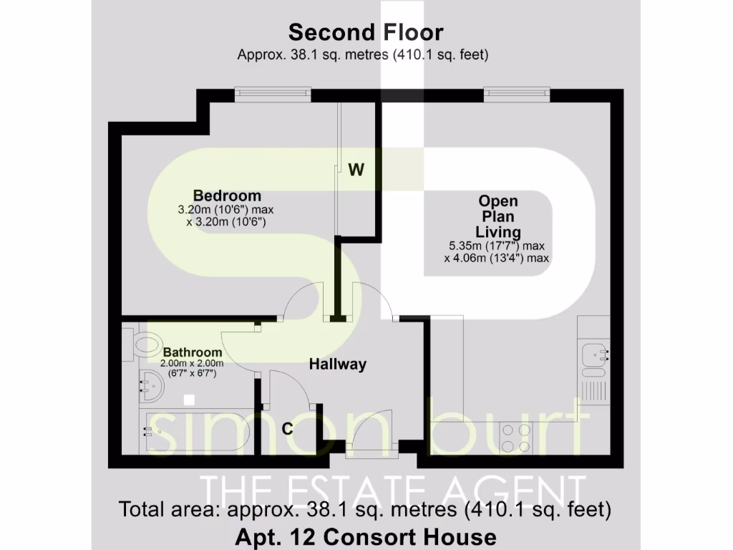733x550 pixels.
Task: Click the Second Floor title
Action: click(x=366, y=32)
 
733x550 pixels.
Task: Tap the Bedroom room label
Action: click(x=227, y=196)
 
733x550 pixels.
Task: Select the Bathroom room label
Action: click(x=192, y=353)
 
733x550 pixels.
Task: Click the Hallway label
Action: click(x=337, y=364)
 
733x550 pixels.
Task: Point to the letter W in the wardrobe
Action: click(x=356, y=170)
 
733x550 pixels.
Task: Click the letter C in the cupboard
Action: click(x=287, y=429)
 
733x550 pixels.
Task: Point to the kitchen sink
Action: click(x=593, y=354)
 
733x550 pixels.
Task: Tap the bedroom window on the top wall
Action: click(x=272, y=94)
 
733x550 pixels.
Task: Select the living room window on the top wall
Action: click(x=517, y=94)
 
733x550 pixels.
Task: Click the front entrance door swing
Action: click(x=369, y=430)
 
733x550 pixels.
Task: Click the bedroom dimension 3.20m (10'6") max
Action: click(x=226, y=210)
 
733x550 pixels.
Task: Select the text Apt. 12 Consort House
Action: click(x=366, y=536)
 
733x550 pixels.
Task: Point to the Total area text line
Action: click(x=366, y=510)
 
